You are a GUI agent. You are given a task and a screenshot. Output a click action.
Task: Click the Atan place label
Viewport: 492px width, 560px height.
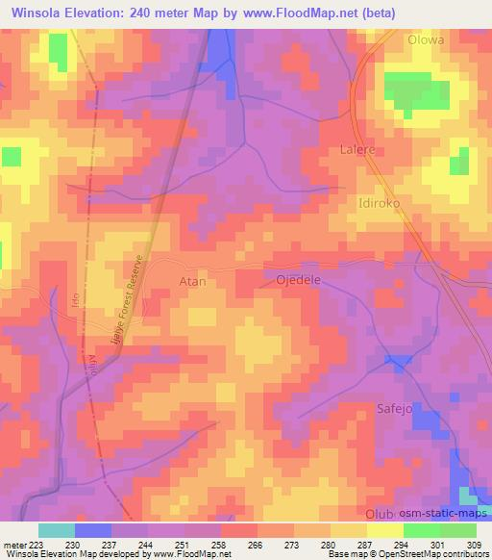click(193, 282)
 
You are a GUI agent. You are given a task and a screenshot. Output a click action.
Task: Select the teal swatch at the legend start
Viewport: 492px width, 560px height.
click(57, 530)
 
